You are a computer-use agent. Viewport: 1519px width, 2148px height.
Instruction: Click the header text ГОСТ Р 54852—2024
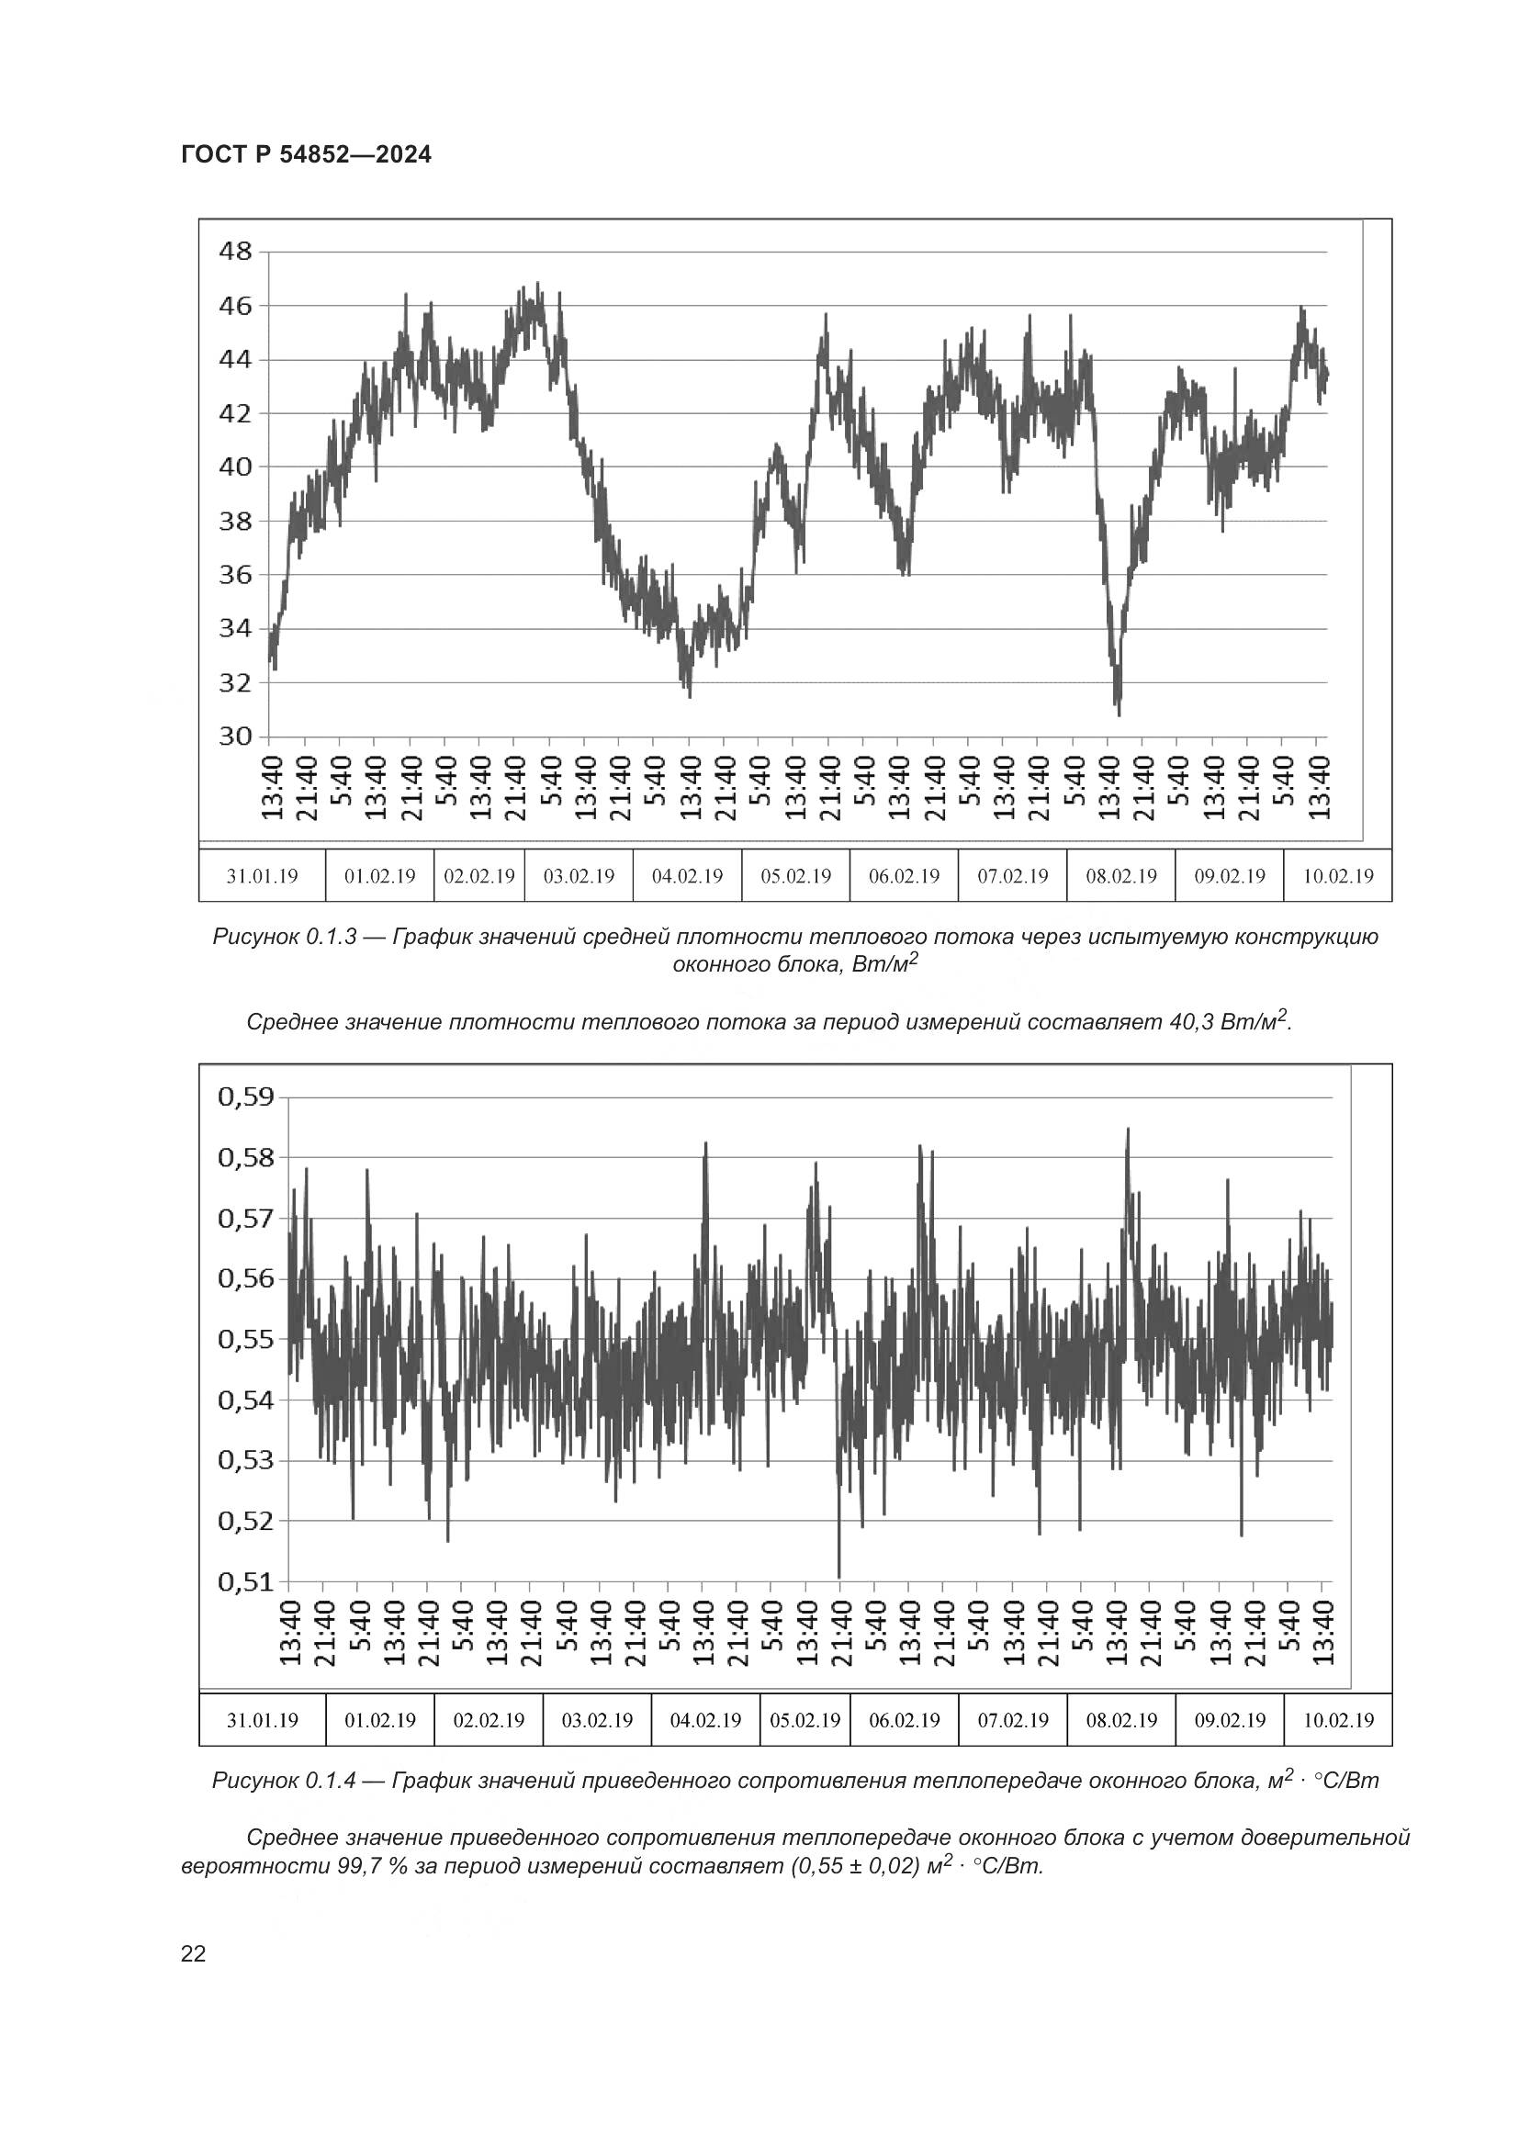(x=306, y=154)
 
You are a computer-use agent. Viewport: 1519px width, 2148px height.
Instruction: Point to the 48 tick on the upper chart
(x=235, y=251)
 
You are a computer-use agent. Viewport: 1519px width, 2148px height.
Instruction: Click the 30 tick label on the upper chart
(x=235, y=737)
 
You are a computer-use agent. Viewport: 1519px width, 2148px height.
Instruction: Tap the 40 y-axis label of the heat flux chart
(x=235, y=466)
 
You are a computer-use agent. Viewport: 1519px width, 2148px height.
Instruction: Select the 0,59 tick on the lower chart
(x=246, y=1096)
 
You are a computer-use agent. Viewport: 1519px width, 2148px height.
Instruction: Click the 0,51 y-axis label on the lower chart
(x=246, y=1582)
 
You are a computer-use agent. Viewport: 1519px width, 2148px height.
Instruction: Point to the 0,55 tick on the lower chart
(x=246, y=1339)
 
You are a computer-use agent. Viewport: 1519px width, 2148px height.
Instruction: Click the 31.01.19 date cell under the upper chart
(x=262, y=876)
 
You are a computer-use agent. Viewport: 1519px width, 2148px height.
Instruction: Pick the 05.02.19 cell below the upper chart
(x=795, y=876)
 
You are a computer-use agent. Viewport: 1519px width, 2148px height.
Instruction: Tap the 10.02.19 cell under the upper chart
(x=1337, y=876)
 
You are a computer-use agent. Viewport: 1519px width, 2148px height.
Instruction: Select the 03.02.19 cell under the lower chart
(x=597, y=1719)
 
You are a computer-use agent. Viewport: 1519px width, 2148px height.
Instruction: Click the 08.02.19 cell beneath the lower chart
(x=1120, y=1719)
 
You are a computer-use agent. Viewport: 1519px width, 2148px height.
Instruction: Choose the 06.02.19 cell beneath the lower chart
(x=904, y=1719)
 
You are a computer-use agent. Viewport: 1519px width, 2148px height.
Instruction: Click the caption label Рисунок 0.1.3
(x=285, y=937)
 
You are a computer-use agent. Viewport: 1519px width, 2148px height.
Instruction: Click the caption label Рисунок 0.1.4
(x=285, y=1781)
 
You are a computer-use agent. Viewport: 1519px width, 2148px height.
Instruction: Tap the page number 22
(x=193, y=1953)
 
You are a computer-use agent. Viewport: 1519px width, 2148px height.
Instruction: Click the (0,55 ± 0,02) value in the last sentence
(x=859, y=1866)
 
